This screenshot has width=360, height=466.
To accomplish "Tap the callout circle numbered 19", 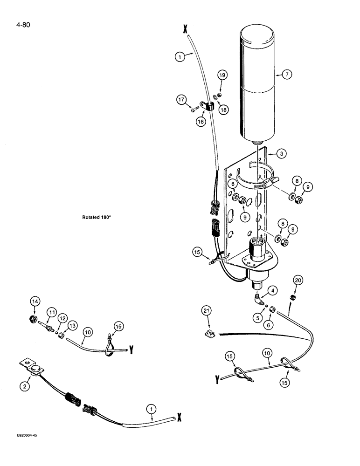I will (x=222, y=75).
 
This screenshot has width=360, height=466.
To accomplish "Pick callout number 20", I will (x=298, y=280).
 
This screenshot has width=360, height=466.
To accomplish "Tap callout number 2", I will (x=25, y=386).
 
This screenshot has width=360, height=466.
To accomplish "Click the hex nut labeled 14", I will (x=34, y=319).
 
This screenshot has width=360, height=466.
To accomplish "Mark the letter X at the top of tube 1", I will (x=185, y=29).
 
